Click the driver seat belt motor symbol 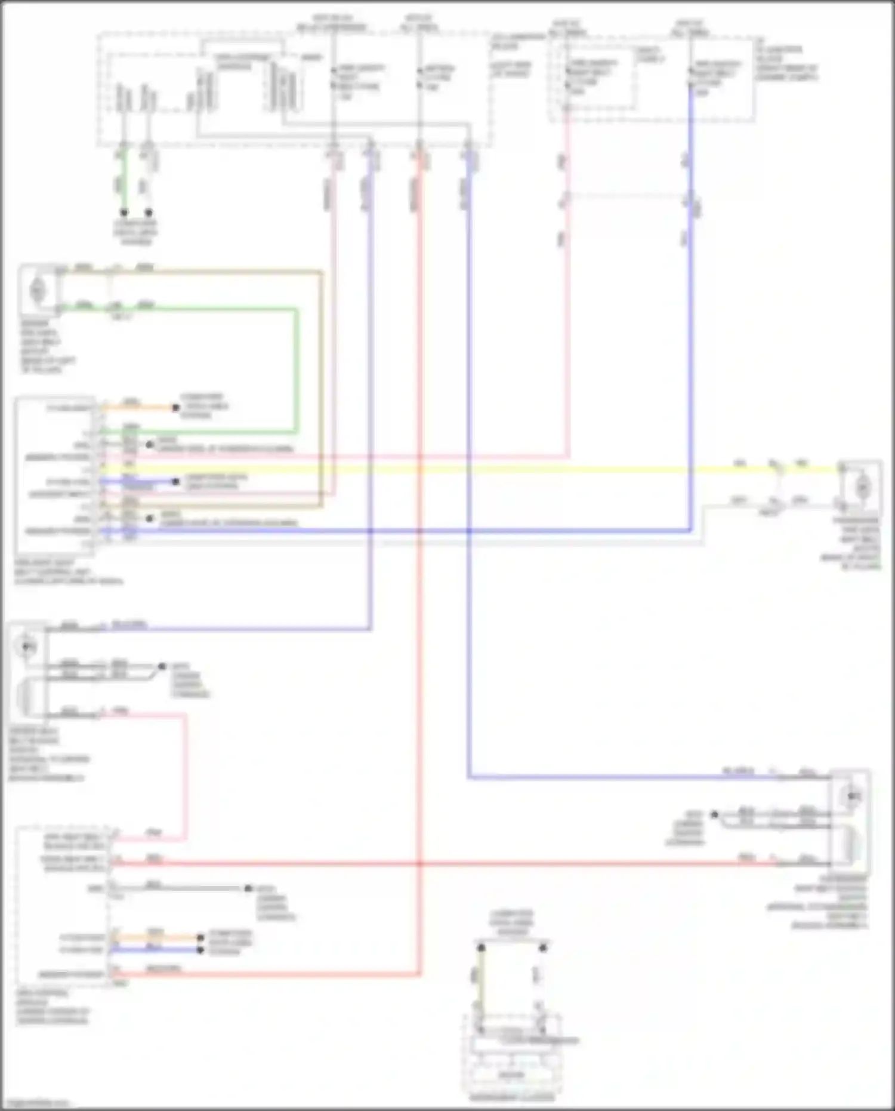coord(38,291)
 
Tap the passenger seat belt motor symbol coord(861,488)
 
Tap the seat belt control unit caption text coord(69,572)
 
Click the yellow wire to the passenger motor coord(477,470)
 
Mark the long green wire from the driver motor coord(295,370)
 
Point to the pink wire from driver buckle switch coord(186,776)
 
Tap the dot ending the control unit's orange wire coord(175,408)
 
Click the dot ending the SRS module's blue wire coord(200,950)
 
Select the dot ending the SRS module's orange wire coord(200,938)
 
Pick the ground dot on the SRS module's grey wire coord(248,888)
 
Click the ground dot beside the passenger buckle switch coord(714,814)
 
